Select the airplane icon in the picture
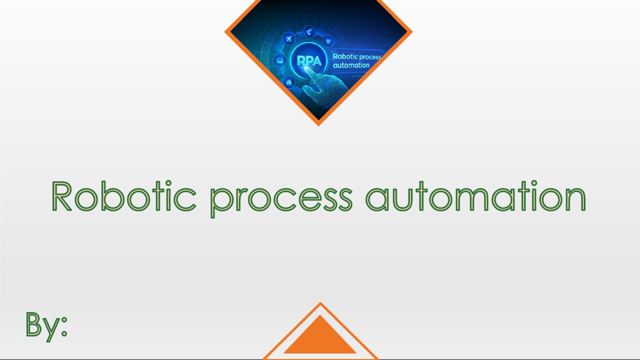click(x=289, y=38)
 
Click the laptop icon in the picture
click(x=280, y=60)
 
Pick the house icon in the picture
click(x=288, y=81)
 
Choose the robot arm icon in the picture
click(x=310, y=31)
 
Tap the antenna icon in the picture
click(x=328, y=40)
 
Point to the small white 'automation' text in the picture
click(x=351, y=65)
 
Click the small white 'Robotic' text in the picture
click(x=345, y=56)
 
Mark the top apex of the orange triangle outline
click(x=320, y=303)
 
